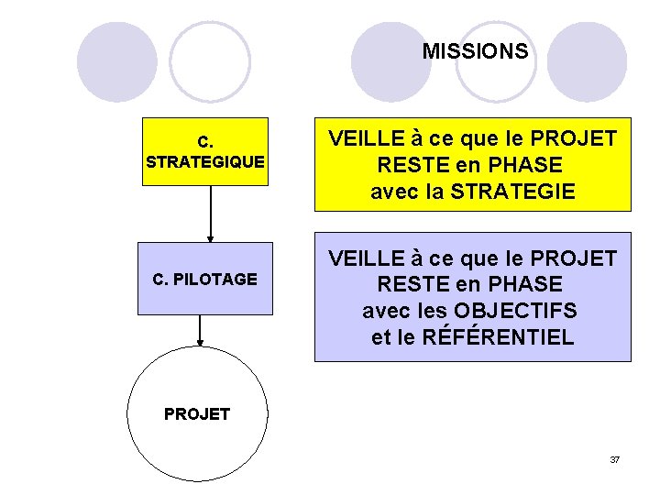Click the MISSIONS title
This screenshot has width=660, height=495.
pos(475,51)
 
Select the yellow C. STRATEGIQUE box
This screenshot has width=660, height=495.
pos(205,151)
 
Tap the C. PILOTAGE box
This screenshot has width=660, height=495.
pos(205,279)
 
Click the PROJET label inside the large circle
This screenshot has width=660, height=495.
pos(197,414)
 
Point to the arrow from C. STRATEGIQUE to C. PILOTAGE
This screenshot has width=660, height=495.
pos(211,213)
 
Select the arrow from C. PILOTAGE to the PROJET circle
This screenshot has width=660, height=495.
pos(200,330)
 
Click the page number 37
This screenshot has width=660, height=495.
pos(614,459)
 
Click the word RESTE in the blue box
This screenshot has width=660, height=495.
pos(409,284)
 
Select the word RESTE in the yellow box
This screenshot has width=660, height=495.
pos(409,165)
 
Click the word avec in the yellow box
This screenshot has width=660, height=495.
pos(392,192)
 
